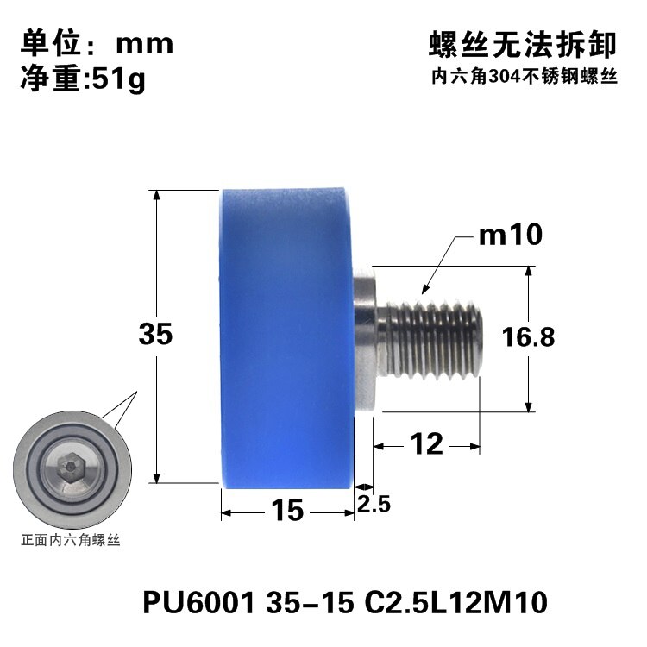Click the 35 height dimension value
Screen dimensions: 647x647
click(156, 335)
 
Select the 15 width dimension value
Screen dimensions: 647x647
click(288, 512)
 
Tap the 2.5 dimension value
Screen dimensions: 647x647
click(374, 504)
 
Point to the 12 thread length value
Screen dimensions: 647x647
click(426, 445)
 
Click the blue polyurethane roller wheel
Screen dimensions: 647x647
click(285, 336)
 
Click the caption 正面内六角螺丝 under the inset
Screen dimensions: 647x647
click(72, 542)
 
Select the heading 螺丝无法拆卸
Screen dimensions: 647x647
click(523, 44)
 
